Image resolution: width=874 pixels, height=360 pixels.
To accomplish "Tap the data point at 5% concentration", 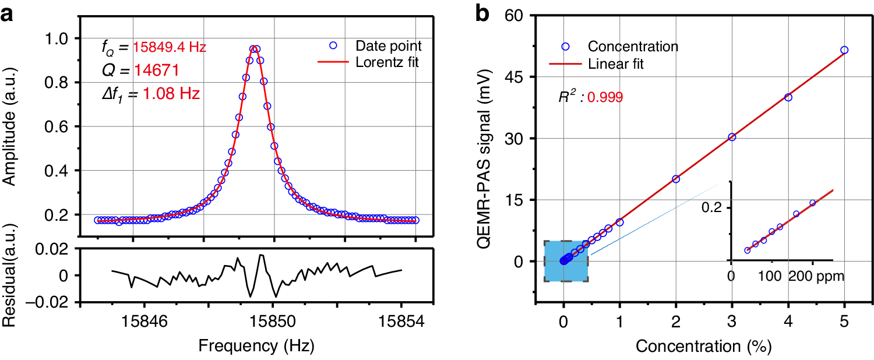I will pyautogui.click(x=844, y=50).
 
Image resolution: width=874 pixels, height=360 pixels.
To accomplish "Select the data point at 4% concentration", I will pyautogui.click(x=788, y=97).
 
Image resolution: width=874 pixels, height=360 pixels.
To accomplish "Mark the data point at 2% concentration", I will pyautogui.click(x=676, y=179).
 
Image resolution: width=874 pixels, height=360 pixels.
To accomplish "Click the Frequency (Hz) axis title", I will pyautogui.click(x=256, y=346).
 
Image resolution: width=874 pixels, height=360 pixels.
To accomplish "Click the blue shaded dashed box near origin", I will pyautogui.click(x=566, y=261).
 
